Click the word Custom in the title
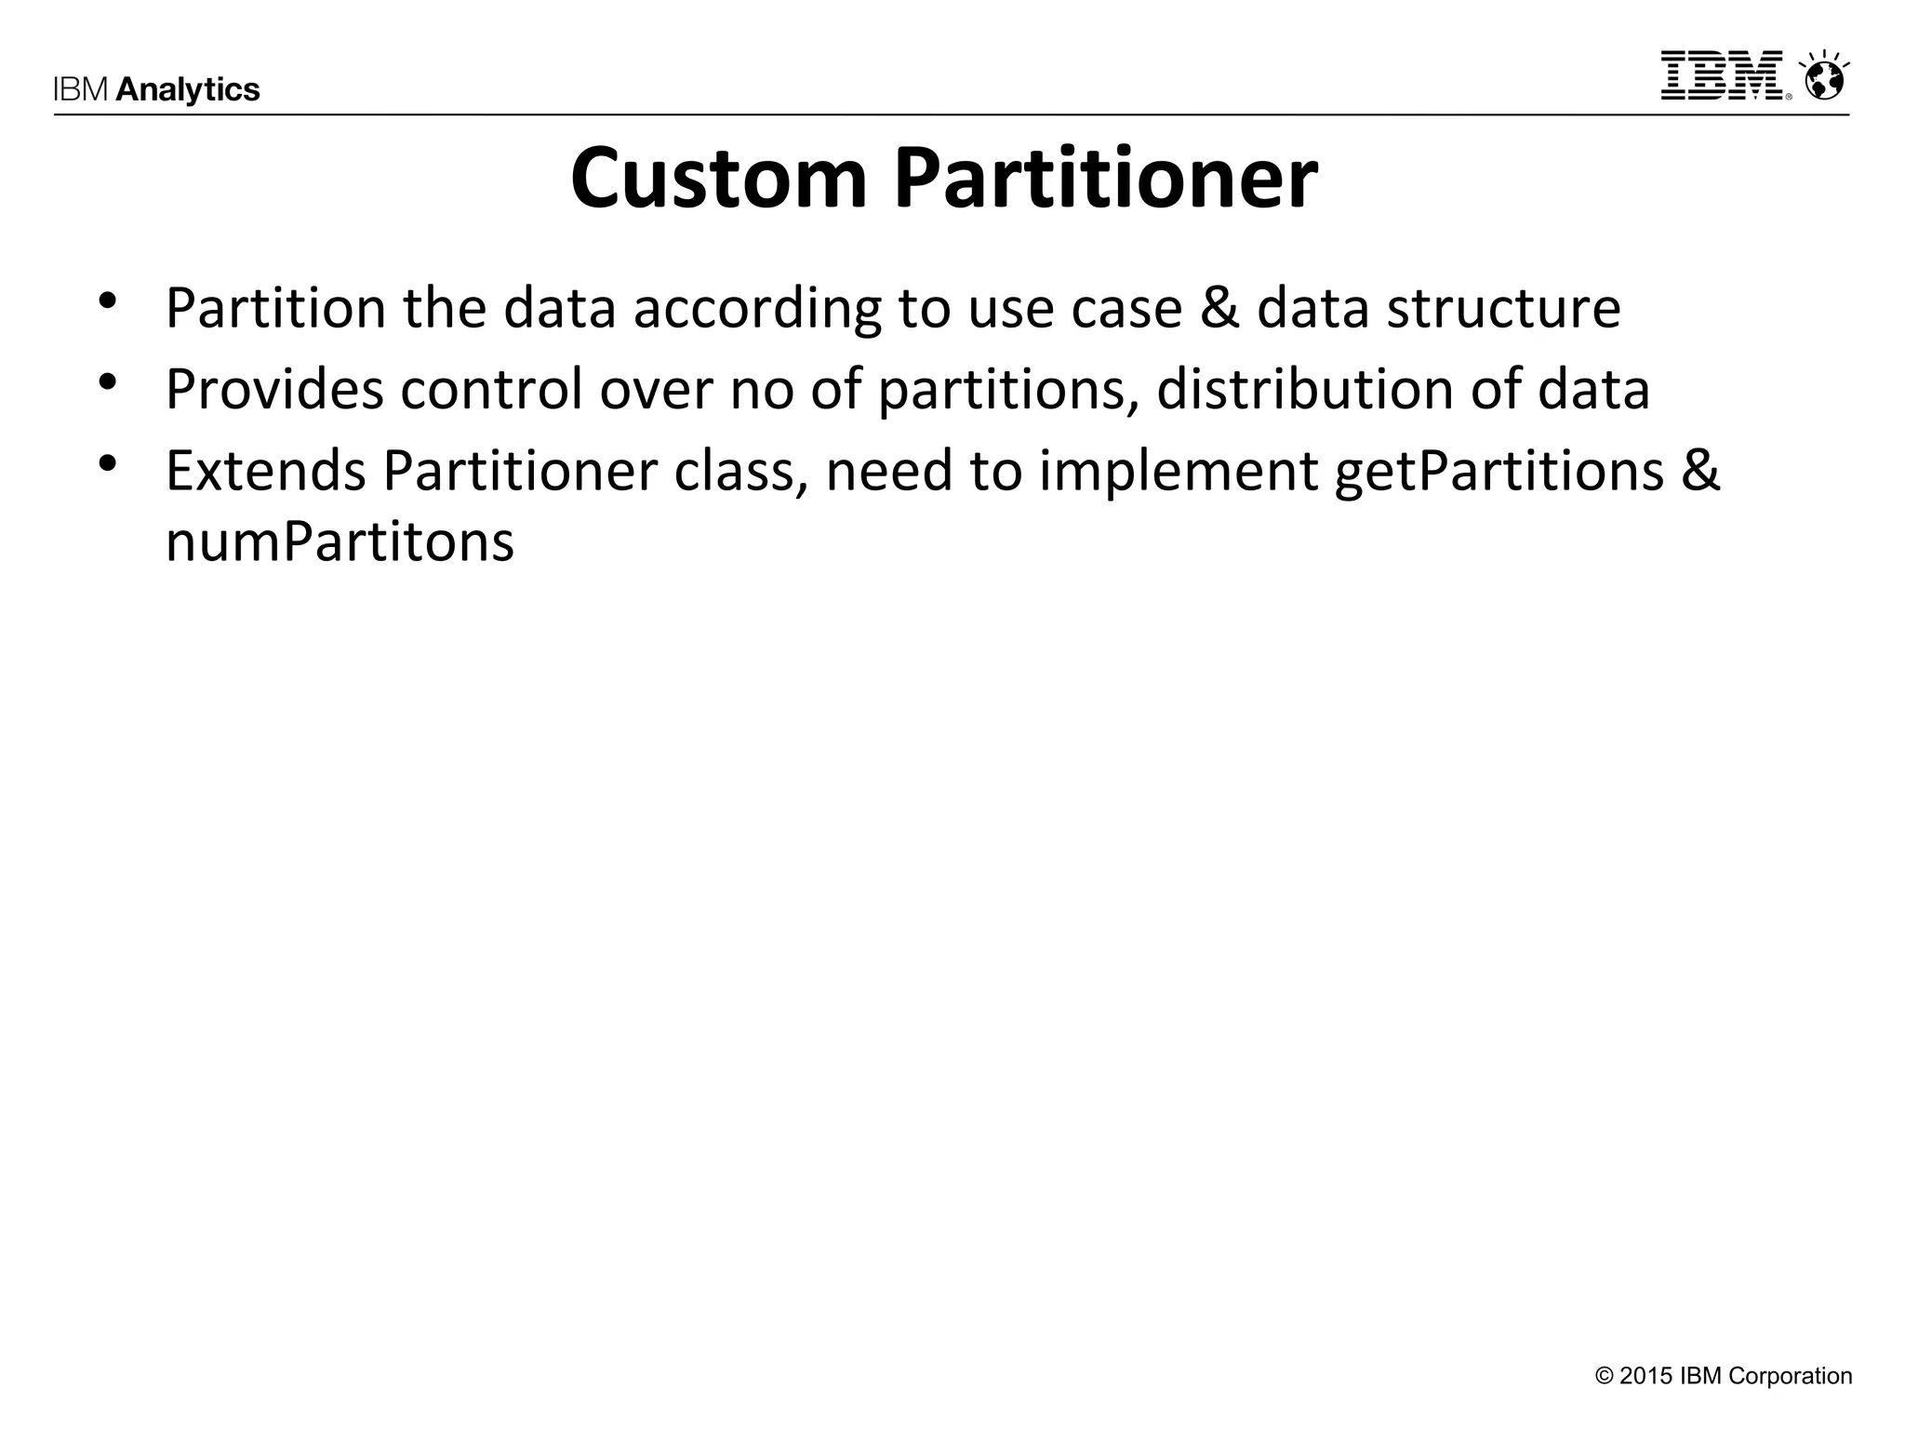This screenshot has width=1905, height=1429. point(718,179)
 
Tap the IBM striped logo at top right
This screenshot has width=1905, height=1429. point(1722,75)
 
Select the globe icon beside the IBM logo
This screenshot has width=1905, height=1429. point(1824,76)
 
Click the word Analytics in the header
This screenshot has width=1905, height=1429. point(188,89)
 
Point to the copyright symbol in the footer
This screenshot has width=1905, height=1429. point(1604,1376)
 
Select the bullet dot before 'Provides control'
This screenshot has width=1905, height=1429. point(108,381)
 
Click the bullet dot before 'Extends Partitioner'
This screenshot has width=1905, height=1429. point(108,462)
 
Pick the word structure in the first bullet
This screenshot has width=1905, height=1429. point(1503,308)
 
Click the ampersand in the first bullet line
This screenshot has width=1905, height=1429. point(1219,308)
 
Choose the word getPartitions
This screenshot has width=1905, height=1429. point(1499,471)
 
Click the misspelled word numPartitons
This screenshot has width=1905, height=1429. point(340,541)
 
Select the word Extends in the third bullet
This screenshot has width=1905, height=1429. point(265,471)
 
